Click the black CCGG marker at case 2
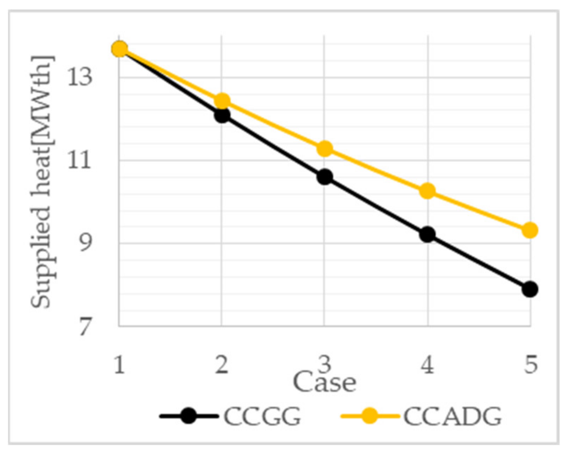point(222,115)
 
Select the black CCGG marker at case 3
point(325,177)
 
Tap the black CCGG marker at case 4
point(427,234)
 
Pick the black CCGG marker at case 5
point(530,289)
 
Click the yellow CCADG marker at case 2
point(222,101)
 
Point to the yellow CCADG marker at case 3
point(325,149)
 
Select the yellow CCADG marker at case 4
point(427,191)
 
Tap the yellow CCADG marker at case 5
point(530,230)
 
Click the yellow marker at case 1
point(119,49)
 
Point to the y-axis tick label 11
point(80,161)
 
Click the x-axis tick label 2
point(222,365)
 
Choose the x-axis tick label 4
point(427,365)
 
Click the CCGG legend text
point(262,417)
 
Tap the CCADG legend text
point(452,417)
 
